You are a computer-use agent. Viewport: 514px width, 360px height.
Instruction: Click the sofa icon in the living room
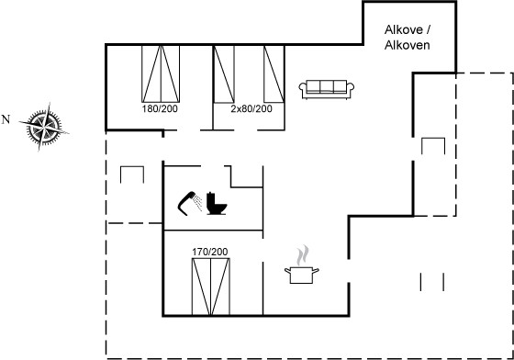[326, 89]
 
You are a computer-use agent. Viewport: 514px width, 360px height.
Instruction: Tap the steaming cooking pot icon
[302, 264]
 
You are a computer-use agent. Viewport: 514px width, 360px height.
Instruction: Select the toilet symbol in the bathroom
[216, 204]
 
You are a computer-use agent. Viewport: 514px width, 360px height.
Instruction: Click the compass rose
[44, 127]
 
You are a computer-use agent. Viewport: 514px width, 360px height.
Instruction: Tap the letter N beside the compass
[6, 119]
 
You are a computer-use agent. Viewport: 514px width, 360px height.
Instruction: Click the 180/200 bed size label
[160, 108]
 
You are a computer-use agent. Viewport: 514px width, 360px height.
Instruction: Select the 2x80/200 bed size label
[251, 108]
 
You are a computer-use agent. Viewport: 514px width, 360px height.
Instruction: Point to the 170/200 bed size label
[210, 252]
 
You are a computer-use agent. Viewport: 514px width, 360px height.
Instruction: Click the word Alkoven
[408, 45]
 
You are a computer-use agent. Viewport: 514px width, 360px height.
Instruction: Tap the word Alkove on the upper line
[404, 29]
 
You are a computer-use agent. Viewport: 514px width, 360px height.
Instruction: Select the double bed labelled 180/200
[161, 73]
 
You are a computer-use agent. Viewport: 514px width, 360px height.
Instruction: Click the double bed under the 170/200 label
[211, 287]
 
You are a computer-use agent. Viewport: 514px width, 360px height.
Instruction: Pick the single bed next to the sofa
[274, 73]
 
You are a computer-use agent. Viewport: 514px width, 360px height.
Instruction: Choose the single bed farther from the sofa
[224, 73]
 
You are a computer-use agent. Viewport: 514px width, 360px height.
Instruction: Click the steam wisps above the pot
[303, 255]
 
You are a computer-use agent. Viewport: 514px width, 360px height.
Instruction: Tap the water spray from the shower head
[197, 203]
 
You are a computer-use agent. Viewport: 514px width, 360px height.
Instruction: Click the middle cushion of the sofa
[327, 86]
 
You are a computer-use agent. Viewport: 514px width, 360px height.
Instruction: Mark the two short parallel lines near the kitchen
[432, 282]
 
